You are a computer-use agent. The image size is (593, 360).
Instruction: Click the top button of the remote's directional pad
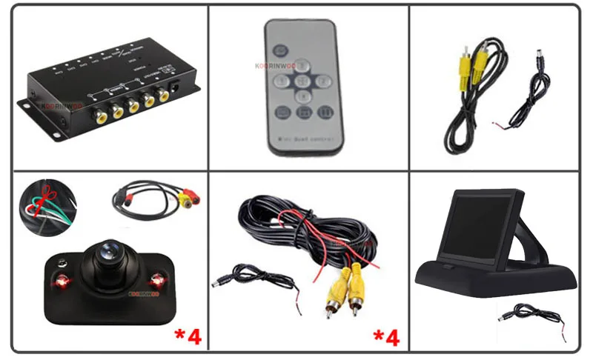(x=302, y=65)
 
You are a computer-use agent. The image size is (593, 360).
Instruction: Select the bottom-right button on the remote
(x=325, y=113)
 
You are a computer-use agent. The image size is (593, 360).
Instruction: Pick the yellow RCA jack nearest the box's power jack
(x=161, y=96)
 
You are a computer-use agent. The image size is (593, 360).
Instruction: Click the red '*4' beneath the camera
(x=188, y=336)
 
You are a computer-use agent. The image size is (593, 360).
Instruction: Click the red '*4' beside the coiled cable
(x=385, y=338)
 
